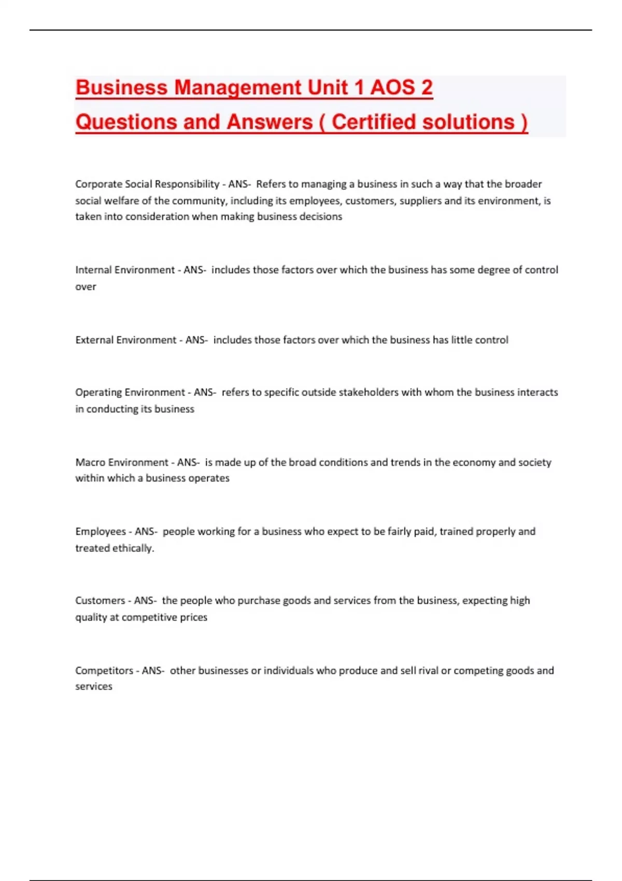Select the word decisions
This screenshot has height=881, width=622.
coord(321,217)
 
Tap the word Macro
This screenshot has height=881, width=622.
coord(90,462)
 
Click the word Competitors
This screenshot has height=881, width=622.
coord(104,671)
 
